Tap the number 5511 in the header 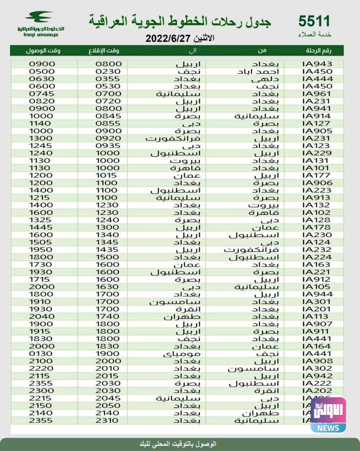pyautogui.click(x=314, y=21)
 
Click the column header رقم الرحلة pyautogui.click(x=318, y=51)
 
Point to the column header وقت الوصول pyautogui.click(x=43, y=51)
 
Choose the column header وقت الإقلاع pyautogui.click(x=107, y=51)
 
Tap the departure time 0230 pyautogui.click(x=108, y=71)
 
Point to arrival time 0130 pyautogui.click(x=41, y=354)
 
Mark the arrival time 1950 pyautogui.click(x=41, y=249)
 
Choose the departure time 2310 pyautogui.click(x=108, y=421)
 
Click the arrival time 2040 pyautogui.click(x=41, y=316)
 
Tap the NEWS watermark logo pyautogui.click(x=328, y=415)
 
